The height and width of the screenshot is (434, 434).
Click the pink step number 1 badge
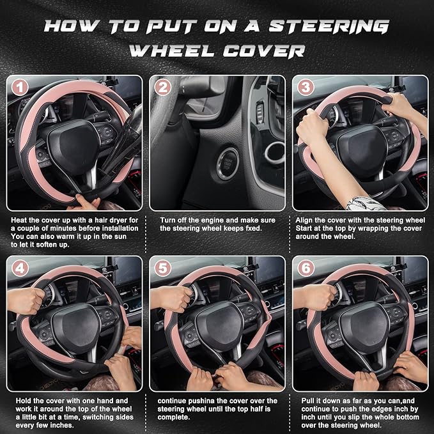[21, 88]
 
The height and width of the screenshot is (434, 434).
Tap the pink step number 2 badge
[164, 88]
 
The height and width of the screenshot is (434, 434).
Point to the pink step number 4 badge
[21, 268]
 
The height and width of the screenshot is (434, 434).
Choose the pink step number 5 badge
[164, 268]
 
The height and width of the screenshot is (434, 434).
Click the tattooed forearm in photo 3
[364, 203]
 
